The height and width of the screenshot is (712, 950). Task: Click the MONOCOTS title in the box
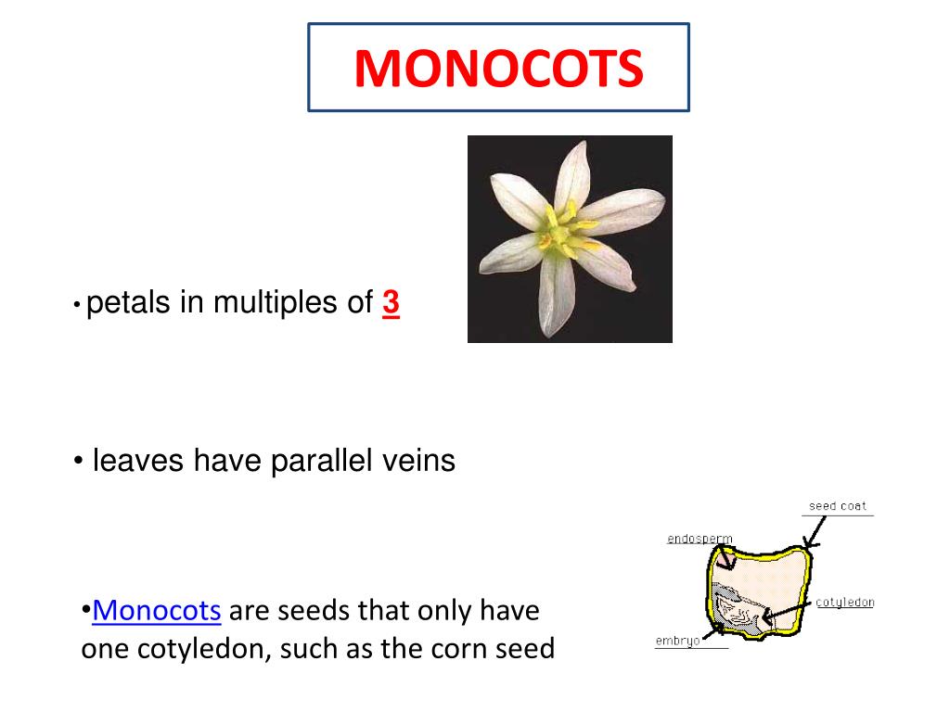498,69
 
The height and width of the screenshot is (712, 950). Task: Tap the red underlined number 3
391,303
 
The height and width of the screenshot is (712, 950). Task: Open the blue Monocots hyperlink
157,611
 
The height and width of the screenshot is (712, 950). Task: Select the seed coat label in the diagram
837,506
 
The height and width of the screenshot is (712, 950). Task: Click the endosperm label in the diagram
700,538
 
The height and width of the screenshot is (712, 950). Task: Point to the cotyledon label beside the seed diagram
844,603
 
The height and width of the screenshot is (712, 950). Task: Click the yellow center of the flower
560,235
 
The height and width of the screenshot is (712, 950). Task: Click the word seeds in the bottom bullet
320,611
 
